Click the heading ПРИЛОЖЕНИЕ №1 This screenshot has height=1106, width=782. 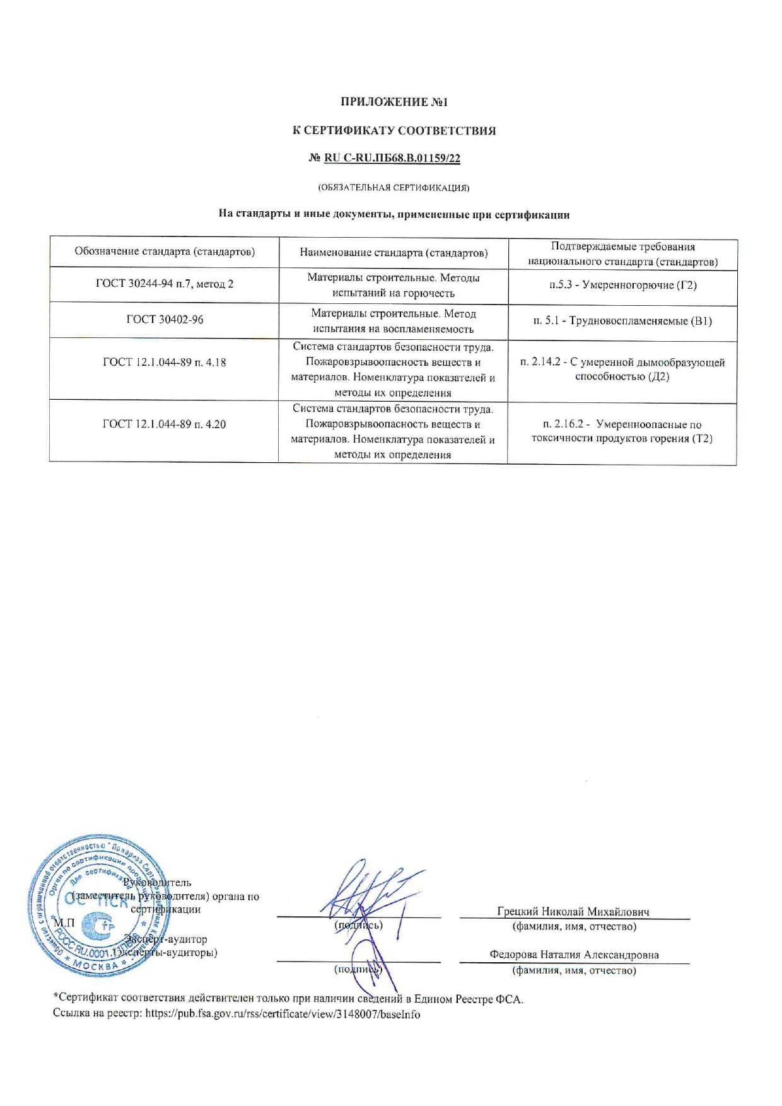pyautogui.click(x=394, y=102)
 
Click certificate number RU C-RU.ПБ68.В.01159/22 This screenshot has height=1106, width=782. pyautogui.click(x=392, y=158)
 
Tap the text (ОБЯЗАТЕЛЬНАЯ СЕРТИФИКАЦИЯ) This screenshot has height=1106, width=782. pyautogui.click(x=394, y=187)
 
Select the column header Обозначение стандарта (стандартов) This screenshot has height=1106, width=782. pyautogui.click(x=165, y=252)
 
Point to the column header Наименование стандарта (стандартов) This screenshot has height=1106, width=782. pyautogui.click(x=394, y=253)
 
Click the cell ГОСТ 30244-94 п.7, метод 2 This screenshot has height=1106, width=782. pyautogui.click(x=165, y=284)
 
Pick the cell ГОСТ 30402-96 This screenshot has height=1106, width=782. pyautogui.click(x=165, y=320)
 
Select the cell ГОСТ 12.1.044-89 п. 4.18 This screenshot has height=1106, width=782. pyautogui.click(x=165, y=363)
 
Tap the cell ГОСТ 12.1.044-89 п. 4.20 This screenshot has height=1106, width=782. pyautogui.click(x=165, y=424)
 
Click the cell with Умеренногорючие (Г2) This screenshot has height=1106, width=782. pyautogui.click(x=622, y=285)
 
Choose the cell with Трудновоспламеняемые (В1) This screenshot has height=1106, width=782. pyautogui.click(x=622, y=321)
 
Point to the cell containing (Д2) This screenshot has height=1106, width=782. pyautogui.click(x=622, y=370)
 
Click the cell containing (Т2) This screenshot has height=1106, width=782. pyautogui.click(x=622, y=431)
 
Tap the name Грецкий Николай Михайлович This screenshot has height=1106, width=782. pyautogui.click(x=573, y=911)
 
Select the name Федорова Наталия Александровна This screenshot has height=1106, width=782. pyautogui.click(x=574, y=955)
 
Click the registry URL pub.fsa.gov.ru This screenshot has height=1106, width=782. pyautogui.click(x=283, y=1015)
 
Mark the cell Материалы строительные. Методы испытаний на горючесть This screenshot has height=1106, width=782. pyautogui.click(x=394, y=285)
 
